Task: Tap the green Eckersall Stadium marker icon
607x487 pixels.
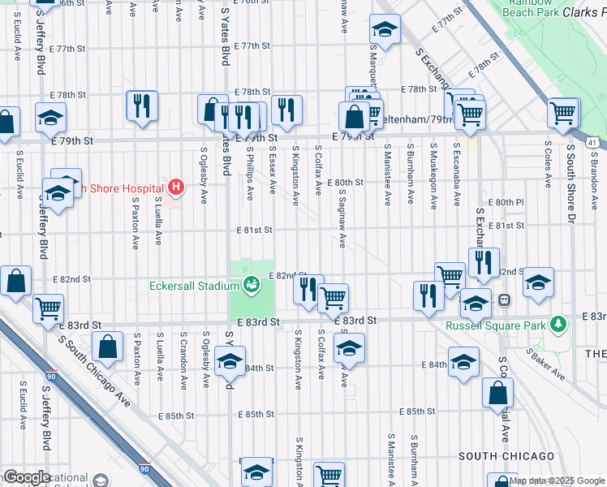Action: [x=252, y=285]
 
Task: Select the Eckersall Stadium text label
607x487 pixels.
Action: [x=194, y=286]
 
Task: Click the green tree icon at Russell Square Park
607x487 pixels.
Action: [x=557, y=325]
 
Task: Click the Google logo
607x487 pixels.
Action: [x=27, y=477]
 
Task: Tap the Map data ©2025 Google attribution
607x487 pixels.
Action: [x=556, y=481]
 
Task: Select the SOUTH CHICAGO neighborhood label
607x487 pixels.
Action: [x=506, y=456]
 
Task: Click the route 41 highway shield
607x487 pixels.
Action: [x=594, y=143]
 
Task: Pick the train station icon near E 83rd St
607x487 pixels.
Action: [x=504, y=300]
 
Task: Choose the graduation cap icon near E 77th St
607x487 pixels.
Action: [x=384, y=31]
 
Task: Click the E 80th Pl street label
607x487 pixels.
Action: [x=506, y=201]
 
